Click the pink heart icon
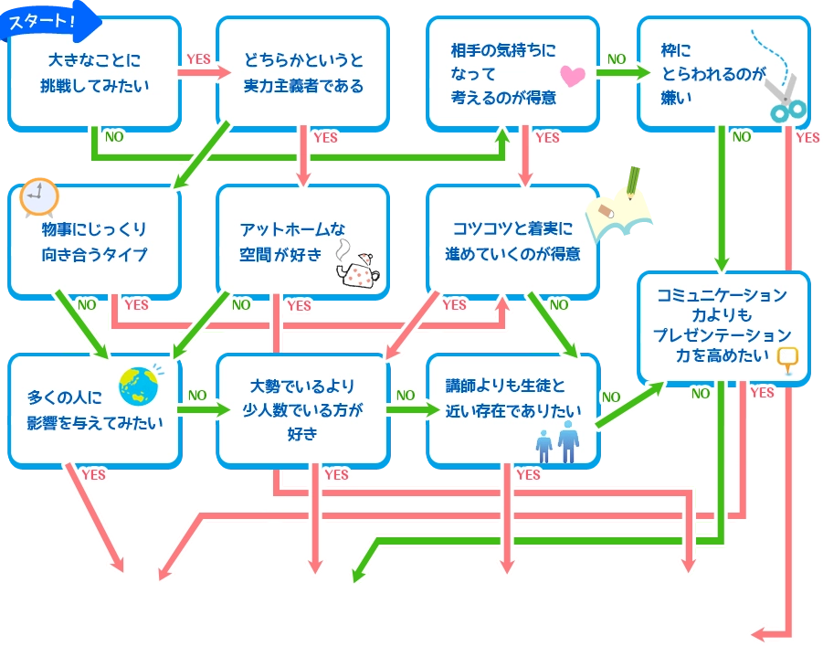point(572,76)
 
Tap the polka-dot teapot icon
point(359,266)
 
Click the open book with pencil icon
point(623,208)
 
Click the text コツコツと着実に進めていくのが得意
point(513,241)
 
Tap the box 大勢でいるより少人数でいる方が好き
point(303,409)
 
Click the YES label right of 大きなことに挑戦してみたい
point(198,58)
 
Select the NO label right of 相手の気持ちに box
point(617,58)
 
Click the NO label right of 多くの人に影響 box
point(197,396)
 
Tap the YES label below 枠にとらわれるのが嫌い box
point(807,138)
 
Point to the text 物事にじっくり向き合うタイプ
point(94,241)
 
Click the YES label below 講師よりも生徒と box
point(528,474)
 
